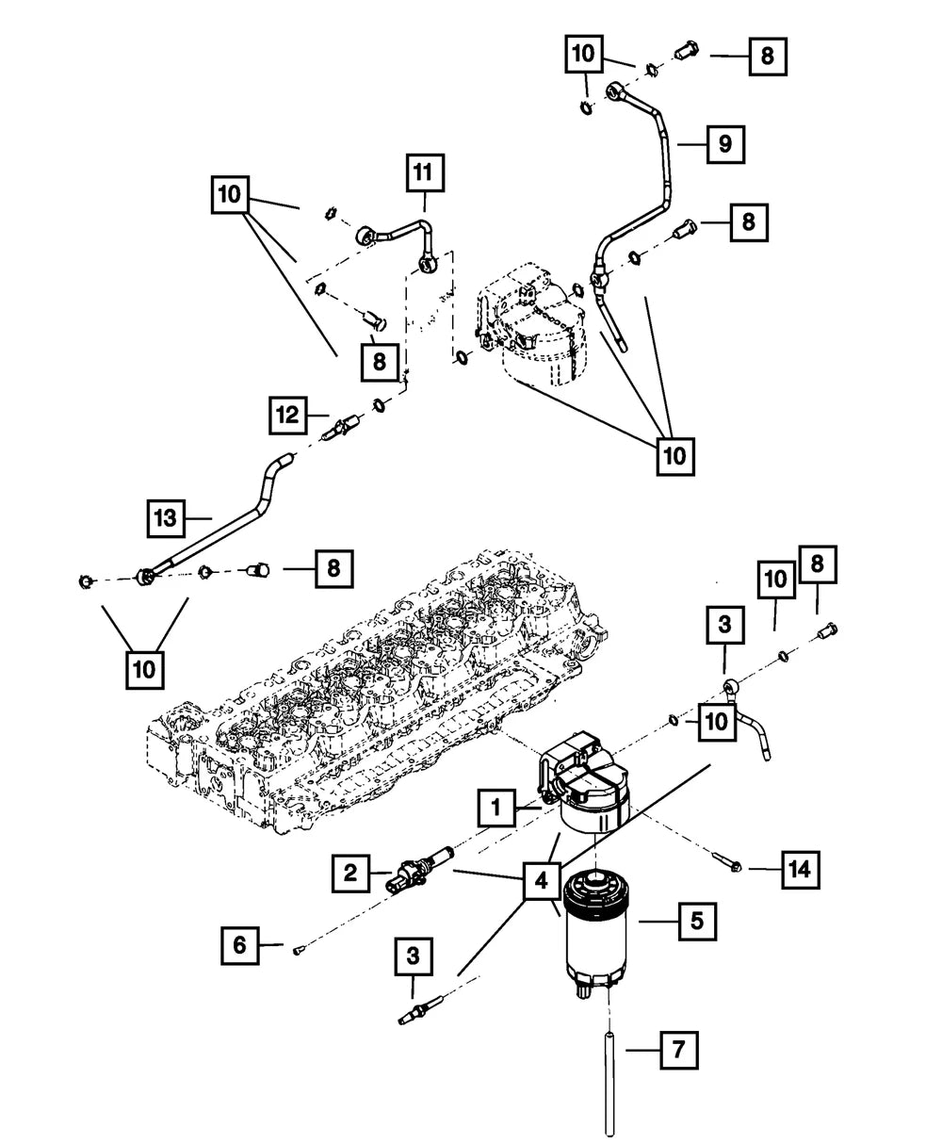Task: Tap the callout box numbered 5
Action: pos(697,921)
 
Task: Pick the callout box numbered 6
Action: pos(240,944)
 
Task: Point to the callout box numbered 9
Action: pos(724,144)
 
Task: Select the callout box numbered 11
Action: pos(425,173)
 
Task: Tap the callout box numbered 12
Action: pos(288,415)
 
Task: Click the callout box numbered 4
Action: pos(540,882)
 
